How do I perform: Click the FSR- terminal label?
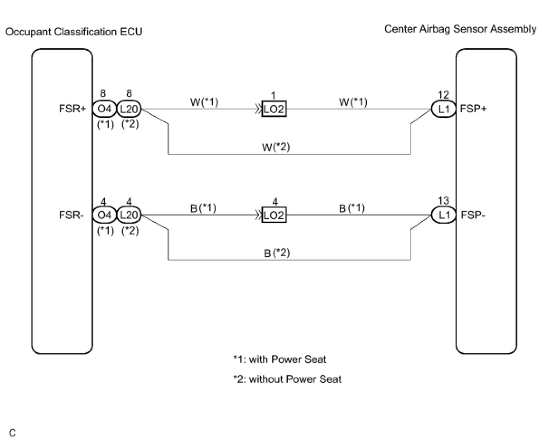click(72, 215)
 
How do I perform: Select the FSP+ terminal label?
click(473, 109)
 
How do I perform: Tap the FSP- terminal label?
click(473, 215)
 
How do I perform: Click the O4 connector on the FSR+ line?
click(104, 109)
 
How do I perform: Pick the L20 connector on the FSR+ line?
click(129, 109)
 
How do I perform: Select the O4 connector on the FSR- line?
click(104, 215)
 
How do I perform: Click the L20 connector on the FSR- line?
click(129, 215)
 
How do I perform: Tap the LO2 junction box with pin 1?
click(274, 110)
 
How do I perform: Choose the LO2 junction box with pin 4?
click(274, 216)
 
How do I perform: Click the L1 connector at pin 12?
click(444, 109)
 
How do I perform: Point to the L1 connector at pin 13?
click(444, 215)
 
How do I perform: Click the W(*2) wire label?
click(277, 147)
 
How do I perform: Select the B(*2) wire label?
click(277, 253)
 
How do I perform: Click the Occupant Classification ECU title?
click(74, 32)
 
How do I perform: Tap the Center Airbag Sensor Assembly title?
click(460, 29)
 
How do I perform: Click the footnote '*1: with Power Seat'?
click(279, 360)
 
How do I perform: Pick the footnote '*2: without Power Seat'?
click(287, 379)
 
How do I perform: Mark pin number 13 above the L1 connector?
click(443, 201)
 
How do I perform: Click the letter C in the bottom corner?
click(12, 433)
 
